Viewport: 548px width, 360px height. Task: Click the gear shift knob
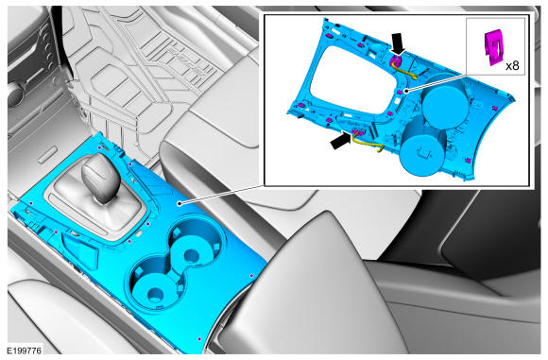point(100,178)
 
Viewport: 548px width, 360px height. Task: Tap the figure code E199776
point(25,350)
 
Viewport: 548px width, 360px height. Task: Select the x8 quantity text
point(512,65)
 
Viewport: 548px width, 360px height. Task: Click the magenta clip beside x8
point(493,48)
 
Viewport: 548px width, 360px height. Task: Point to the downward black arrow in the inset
point(398,43)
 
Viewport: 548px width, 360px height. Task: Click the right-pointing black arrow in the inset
point(340,140)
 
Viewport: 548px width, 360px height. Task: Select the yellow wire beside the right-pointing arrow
point(368,144)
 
